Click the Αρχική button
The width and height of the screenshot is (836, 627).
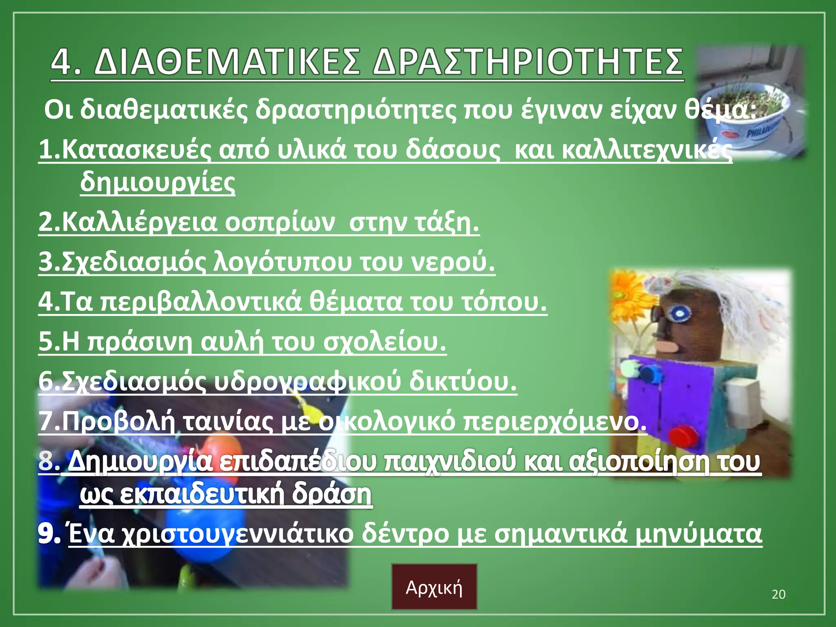[x=434, y=587]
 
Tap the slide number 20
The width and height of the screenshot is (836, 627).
[x=778, y=594]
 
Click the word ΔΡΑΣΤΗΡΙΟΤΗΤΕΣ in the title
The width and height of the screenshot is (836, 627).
[x=528, y=62]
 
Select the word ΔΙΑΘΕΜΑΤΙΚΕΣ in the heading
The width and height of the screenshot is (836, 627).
[x=227, y=62]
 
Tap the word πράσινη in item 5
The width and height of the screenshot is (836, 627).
[x=139, y=342]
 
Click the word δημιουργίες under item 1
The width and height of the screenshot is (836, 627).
[x=158, y=182]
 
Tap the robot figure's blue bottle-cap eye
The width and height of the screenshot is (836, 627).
[x=678, y=314]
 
